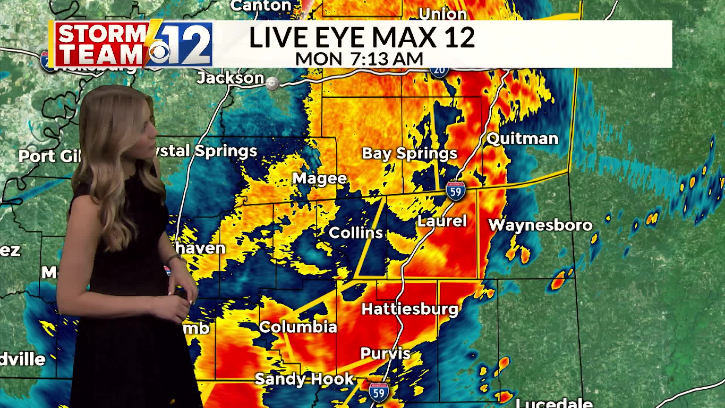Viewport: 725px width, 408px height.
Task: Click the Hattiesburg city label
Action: click(x=410, y=309)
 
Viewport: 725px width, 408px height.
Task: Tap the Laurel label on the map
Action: click(x=442, y=221)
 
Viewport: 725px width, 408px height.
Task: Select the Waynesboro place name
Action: click(x=540, y=225)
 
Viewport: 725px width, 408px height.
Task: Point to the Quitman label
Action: click(x=522, y=139)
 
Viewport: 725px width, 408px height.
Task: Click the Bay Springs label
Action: click(x=410, y=153)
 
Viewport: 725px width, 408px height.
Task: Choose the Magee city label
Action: click(x=320, y=178)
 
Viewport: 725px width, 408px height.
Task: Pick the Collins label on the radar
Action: click(x=356, y=233)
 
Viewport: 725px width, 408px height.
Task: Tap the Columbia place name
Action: click(x=298, y=327)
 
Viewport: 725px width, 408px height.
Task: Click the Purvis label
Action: click(x=386, y=354)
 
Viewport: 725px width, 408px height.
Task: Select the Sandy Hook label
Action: click(x=304, y=379)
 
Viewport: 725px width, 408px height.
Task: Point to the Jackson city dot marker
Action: click(x=272, y=83)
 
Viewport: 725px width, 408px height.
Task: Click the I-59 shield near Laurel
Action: click(x=455, y=191)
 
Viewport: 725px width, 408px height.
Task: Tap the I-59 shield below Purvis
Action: click(x=379, y=392)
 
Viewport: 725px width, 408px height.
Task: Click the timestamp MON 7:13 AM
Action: click(x=359, y=59)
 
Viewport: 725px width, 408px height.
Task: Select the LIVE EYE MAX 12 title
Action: click(x=362, y=37)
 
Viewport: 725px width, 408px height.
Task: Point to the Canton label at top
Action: click(x=261, y=5)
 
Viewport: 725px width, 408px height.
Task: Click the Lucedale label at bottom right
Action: click(x=554, y=403)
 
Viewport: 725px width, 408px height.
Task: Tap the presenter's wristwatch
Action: click(x=174, y=258)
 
